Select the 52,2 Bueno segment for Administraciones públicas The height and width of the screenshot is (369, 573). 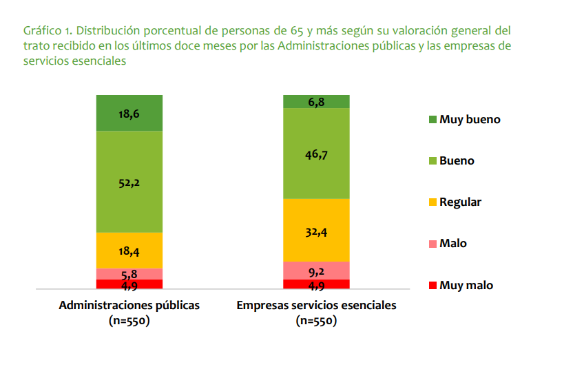coord(129,182)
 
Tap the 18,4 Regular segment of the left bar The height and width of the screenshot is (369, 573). coord(129,251)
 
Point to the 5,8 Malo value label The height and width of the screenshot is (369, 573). coord(129,274)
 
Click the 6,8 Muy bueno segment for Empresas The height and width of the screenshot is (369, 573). coord(316,102)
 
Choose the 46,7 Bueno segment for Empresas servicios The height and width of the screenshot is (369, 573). coord(316,154)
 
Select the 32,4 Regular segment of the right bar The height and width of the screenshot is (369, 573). coord(316,231)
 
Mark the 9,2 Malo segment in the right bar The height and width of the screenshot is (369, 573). coord(316,271)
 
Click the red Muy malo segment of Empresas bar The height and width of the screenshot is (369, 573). coord(316,284)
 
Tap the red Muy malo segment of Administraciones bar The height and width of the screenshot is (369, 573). coord(129,284)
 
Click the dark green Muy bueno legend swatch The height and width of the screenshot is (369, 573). coord(433,120)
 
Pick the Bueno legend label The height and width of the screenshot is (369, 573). coord(457,161)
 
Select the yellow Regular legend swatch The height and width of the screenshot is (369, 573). coord(433,202)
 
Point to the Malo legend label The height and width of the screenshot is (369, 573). coord(452,244)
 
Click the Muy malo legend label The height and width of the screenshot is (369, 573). coord(466,285)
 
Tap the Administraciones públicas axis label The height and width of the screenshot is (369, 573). coord(129,305)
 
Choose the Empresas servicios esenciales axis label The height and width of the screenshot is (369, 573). coord(316,305)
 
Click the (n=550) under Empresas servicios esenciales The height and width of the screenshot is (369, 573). coord(316,320)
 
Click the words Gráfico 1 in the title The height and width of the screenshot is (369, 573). coord(46,31)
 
